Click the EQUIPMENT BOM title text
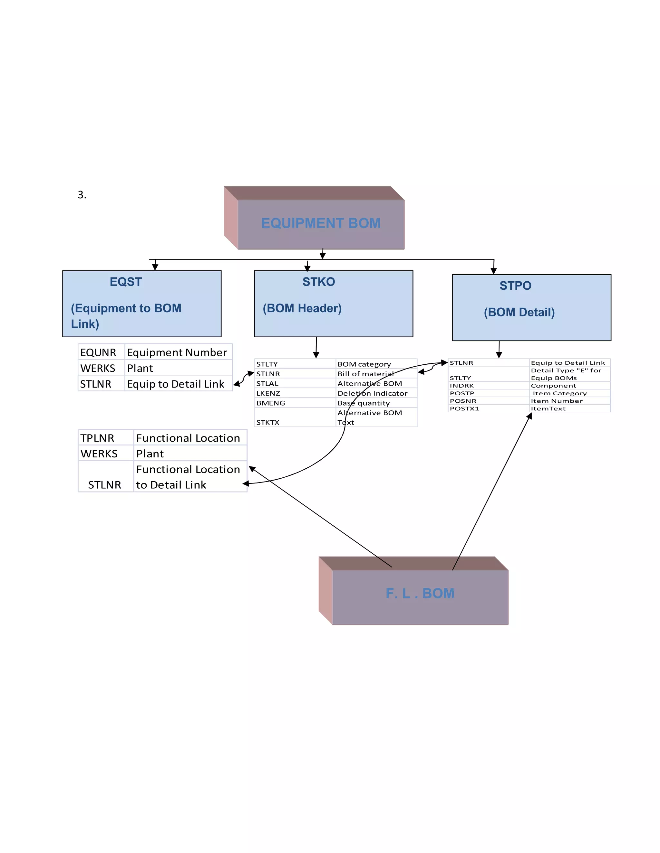(321, 223)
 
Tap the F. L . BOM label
(420, 593)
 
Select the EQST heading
(125, 282)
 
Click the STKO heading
(319, 282)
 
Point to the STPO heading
(515, 286)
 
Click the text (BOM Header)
(302, 308)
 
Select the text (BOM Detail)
(519, 312)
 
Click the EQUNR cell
(98, 352)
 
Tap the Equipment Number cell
(177, 352)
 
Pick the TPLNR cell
(97, 438)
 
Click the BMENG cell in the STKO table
(271, 403)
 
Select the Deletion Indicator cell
(372, 393)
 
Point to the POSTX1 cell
(464, 408)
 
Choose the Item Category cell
(559, 393)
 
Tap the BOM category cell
(364, 364)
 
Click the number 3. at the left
(82, 194)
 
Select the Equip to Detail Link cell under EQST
(176, 384)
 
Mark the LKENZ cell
(268, 393)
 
